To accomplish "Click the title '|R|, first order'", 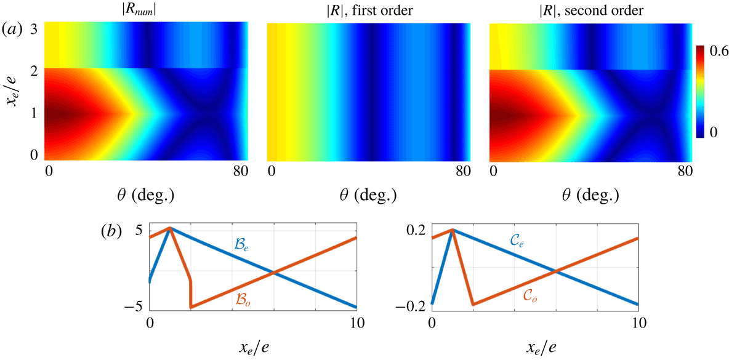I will pyautogui.click(x=369, y=9).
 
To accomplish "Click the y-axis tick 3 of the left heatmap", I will pyautogui.click(x=35, y=28).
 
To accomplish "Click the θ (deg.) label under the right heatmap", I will pyautogui.click(x=590, y=195).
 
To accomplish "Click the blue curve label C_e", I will pyautogui.click(x=525, y=245).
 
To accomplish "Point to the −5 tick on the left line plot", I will pyautogui.click(x=134, y=306).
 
